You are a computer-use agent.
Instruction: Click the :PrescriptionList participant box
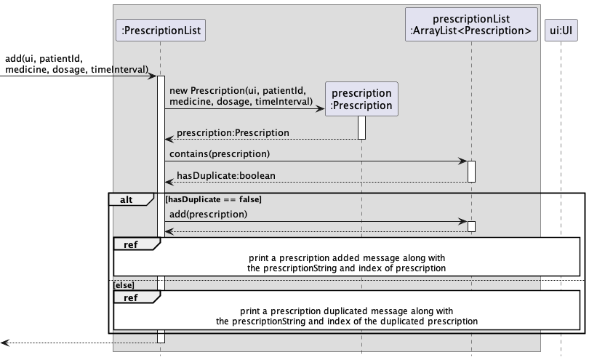pyautogui.click(x=161, y=30)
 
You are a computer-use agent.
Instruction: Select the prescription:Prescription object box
pyautogui.click(x=361, y=99)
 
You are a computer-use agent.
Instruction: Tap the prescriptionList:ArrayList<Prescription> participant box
pyautogui.click(x=471, y=25)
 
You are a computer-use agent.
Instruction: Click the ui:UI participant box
pyautogui.click(x=561, y=30)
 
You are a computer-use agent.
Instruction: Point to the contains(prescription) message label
pyautogui.click(x=220, y=153)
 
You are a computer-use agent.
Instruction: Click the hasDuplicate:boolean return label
pyautogui.click(x=225, y=175)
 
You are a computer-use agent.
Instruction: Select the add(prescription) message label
pyautogui.click(x=208, y=215)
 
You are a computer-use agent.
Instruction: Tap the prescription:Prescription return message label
pyautogui.click(x=233, y=132)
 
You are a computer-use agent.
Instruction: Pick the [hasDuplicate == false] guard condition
pyautogui.click(x=213, y=199)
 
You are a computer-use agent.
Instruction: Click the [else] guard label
pyautogui.click(x=124, y=285)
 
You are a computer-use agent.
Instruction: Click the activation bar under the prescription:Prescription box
pyautogui.click(x=361, y=127)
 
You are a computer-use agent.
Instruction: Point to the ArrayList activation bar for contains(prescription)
pyautogui.click(x=471, y=172)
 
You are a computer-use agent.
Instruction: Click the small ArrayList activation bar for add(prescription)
pyautogui.click(x=471, y=226)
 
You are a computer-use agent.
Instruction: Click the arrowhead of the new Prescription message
pyautogui.click(x=320, y=109)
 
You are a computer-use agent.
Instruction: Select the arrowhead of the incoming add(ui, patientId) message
pyautogui.click(x=152, y=76)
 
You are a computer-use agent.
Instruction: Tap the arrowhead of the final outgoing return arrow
pyautogui.click(x=4, y=343)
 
